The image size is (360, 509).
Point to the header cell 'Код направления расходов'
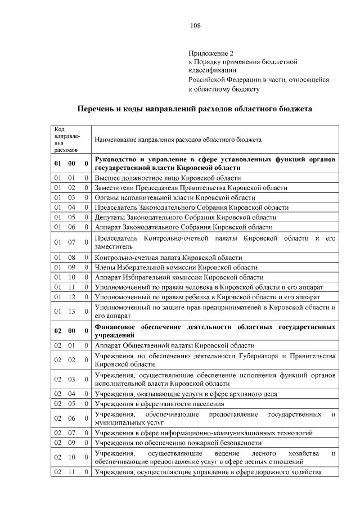67,139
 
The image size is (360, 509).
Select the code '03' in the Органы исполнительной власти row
71,197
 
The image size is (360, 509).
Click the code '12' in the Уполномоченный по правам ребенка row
71,296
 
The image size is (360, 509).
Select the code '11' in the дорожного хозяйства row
71,472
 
